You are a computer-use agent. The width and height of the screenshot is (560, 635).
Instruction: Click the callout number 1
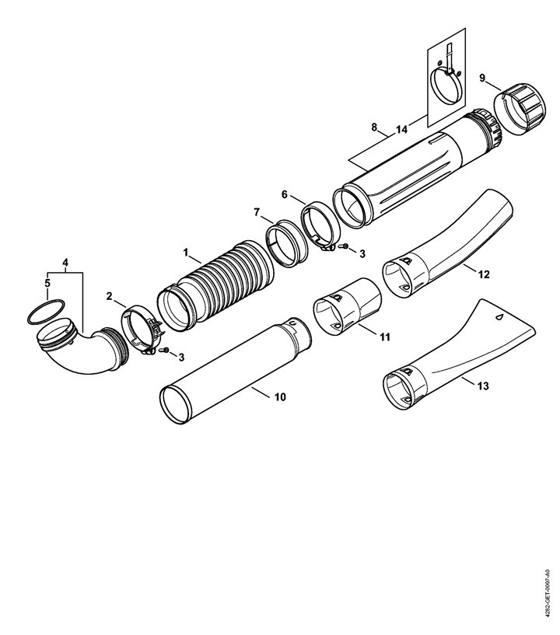(x=186, y=253)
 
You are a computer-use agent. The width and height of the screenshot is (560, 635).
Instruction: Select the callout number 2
(x=109, y=296)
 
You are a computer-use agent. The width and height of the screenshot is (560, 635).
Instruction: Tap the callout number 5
(x=47, y=283)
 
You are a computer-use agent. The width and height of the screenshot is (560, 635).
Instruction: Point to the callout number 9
(x=482, y=78)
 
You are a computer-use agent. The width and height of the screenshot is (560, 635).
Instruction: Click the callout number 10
(x=280, y=397)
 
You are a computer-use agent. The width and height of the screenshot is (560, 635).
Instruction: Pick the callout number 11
(x=385, y=337)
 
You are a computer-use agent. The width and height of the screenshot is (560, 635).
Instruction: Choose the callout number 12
(x=484, y=274)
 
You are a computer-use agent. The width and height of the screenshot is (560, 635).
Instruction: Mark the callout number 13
(x=483, y=386)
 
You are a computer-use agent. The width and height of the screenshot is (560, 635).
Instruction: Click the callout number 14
(x=401, y=130)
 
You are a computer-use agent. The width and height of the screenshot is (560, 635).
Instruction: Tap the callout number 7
(x=257, y=212)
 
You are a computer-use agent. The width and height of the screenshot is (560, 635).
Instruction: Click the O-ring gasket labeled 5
(x=45, y=312)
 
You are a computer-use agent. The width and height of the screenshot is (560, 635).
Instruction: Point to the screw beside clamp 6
(x=345, y=246)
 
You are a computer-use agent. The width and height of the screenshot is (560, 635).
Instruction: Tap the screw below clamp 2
(x=166, y=350)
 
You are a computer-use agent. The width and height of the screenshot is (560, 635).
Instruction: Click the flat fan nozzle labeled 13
(x=458, y=357)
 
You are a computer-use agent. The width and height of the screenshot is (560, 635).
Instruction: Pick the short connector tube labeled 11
(x=347, y=306)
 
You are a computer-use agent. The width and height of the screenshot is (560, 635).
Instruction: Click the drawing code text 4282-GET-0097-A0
(x=548, y=591)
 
